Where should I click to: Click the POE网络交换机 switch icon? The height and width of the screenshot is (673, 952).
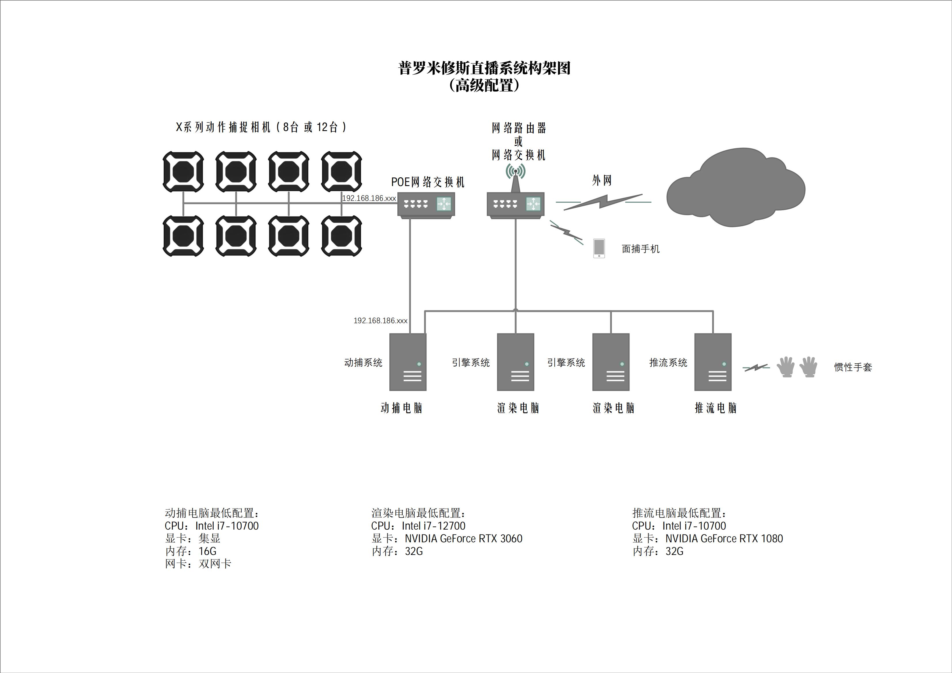point(426,204)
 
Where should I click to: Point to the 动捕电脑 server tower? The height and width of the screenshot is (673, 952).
point(407,362)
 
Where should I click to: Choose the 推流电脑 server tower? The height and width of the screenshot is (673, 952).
point(713,362)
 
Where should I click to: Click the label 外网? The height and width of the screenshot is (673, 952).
point(602,180)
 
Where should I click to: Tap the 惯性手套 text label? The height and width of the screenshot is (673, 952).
point(853,367)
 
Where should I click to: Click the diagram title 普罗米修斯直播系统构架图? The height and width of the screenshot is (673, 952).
point(484,68)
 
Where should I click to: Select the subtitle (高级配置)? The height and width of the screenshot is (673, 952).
point(484,86)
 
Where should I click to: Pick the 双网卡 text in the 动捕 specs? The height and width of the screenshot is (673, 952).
point(215,564)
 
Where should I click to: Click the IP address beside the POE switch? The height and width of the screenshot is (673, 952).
point(369,198)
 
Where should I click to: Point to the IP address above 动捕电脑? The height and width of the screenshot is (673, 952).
point(380,321)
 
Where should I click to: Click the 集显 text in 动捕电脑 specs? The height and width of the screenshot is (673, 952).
point(209,539)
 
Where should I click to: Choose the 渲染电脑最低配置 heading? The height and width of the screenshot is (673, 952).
point(418,513)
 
